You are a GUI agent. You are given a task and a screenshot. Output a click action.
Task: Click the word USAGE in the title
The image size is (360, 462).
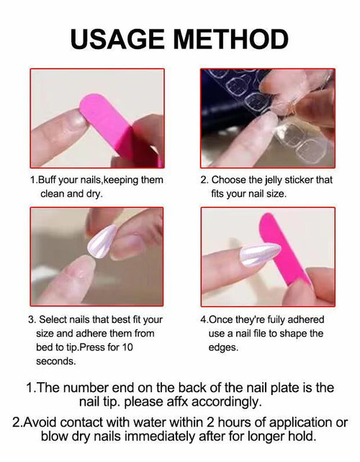point(117,39)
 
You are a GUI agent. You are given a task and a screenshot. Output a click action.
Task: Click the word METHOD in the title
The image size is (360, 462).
point(231,39)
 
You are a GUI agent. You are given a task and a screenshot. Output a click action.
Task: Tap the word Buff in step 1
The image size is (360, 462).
point(47,179)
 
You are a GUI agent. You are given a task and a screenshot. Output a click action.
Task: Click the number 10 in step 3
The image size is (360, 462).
point(127,347)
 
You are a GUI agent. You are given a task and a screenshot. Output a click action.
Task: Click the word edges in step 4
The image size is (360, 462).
point(222,347)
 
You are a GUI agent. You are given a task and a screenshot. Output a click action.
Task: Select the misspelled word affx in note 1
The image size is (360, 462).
point(178,401)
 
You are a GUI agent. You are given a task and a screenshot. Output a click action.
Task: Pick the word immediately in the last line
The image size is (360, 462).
point(161,436)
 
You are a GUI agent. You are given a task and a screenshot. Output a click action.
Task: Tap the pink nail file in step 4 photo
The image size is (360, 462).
point(283,254)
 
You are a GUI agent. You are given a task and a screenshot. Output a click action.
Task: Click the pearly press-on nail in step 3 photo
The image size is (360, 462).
point(102,241)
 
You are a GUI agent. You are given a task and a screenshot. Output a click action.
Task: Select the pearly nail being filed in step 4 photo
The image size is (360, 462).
point(259,254)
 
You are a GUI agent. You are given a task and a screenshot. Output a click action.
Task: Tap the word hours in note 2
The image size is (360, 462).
point(234,422)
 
